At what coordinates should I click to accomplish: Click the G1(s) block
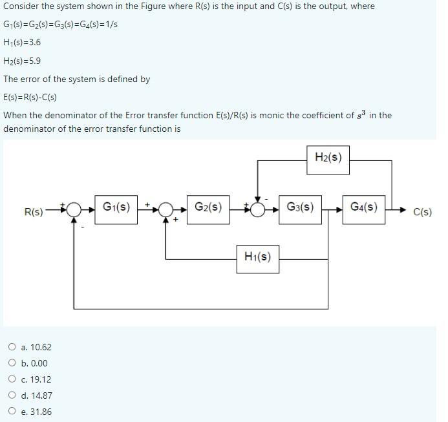[x=116, y=209]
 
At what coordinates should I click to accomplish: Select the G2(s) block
[x=208, y=209]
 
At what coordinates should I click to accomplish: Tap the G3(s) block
[x=300, y=209]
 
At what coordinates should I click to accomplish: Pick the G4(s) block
[x=364, y=209]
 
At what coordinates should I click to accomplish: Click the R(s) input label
[x=34, y=212]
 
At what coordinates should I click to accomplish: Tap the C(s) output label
[x=422, y=212]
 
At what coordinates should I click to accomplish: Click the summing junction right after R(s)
[x=74, y=209]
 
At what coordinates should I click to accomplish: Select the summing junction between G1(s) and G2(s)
[x=166, y=209]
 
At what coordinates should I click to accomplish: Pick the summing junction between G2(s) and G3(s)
[x=258, y=209]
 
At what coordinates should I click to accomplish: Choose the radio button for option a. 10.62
[x=12, y=347]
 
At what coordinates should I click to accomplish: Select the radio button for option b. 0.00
[x=12, y=363]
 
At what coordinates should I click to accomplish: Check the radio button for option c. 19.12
[x=12, y=379]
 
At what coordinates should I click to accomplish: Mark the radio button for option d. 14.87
[x=12, y=396]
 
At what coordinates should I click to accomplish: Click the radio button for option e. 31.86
[x=12, y=412]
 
